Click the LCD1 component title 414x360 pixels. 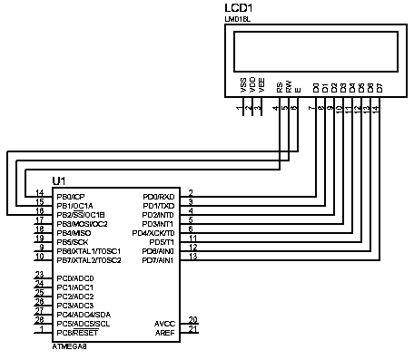tap(237, 8)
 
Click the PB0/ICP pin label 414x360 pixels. tap(70, 196)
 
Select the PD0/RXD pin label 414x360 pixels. tap(159, 196)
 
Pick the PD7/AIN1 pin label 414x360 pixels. tap(160, 259)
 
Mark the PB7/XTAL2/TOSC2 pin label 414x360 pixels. tap(88, 259)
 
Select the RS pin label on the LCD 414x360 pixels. tap(280, 87)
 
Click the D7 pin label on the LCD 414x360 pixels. tap(379, 87)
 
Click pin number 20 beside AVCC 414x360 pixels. tap(192, 319)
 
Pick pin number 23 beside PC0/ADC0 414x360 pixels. tap(39, 274)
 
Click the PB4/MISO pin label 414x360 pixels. tap(72, 232)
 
